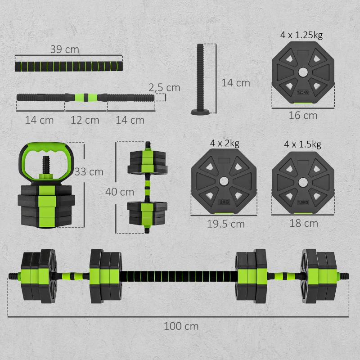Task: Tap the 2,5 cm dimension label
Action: (x=165, y=87)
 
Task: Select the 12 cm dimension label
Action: (x=85, y=120)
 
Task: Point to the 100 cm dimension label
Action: (x=181, y=326)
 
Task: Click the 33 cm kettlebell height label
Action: (x=89, y=171)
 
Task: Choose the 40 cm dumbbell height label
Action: (x=119, y=192)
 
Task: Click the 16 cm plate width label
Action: (x=303, y=116)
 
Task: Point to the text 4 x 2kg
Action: (x=224, y=144)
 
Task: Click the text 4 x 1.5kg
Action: (x=302, y=144)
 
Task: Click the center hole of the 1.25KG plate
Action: (x=303, y=72)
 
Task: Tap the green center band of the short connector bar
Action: (x=85, y=96)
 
